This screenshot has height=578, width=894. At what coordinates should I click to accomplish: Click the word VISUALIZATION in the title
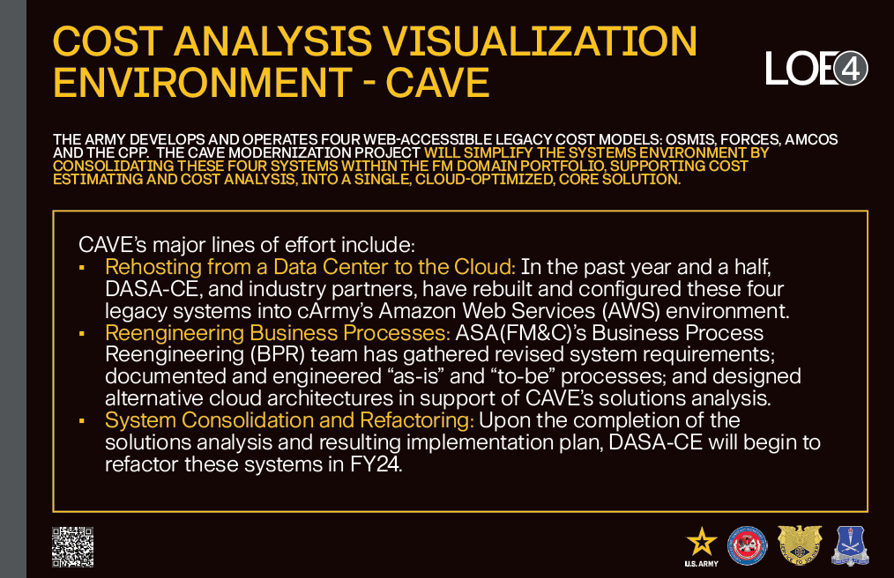tap(540, 41)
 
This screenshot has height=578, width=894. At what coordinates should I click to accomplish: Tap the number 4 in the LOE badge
tap(851, 69)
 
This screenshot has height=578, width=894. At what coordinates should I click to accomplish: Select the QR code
tap(73, 547)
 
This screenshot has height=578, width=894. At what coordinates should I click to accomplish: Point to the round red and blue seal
tap(748, 546)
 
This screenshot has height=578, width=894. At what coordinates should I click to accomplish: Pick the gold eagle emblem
tap(800, 545)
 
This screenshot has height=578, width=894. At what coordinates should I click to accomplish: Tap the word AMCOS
tap(811, 140)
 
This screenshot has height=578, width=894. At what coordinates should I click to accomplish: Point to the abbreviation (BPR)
tap(278, 354)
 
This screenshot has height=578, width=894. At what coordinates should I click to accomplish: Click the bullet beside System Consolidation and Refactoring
tap(82, 421)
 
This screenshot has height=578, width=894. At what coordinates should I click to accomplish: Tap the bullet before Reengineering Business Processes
tap(82, 333)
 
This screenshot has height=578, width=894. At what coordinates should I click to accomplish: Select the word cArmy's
tap(336, 311)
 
